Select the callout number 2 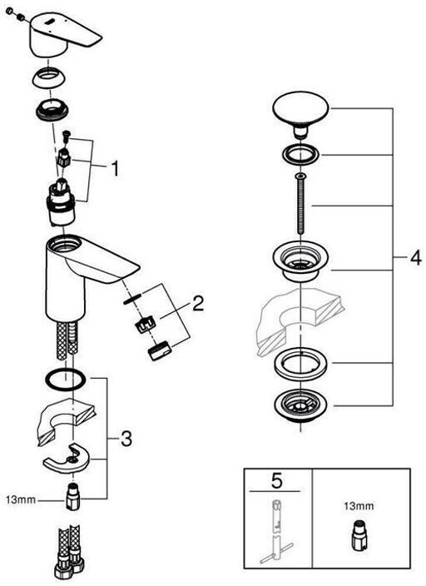[198, 303]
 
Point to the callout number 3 [126, 439]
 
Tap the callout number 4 [415, 257]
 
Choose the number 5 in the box [277, 481]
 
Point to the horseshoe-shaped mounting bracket [67, 458]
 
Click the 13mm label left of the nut [20, 499]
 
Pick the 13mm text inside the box [358, 506]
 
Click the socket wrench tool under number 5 [276, 531]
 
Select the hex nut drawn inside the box [358, 534]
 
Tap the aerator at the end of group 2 [160, 350]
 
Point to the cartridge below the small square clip [61, 203]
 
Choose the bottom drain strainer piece [301, 406]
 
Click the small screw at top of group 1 [66, 136]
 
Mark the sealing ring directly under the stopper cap [301, 154]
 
